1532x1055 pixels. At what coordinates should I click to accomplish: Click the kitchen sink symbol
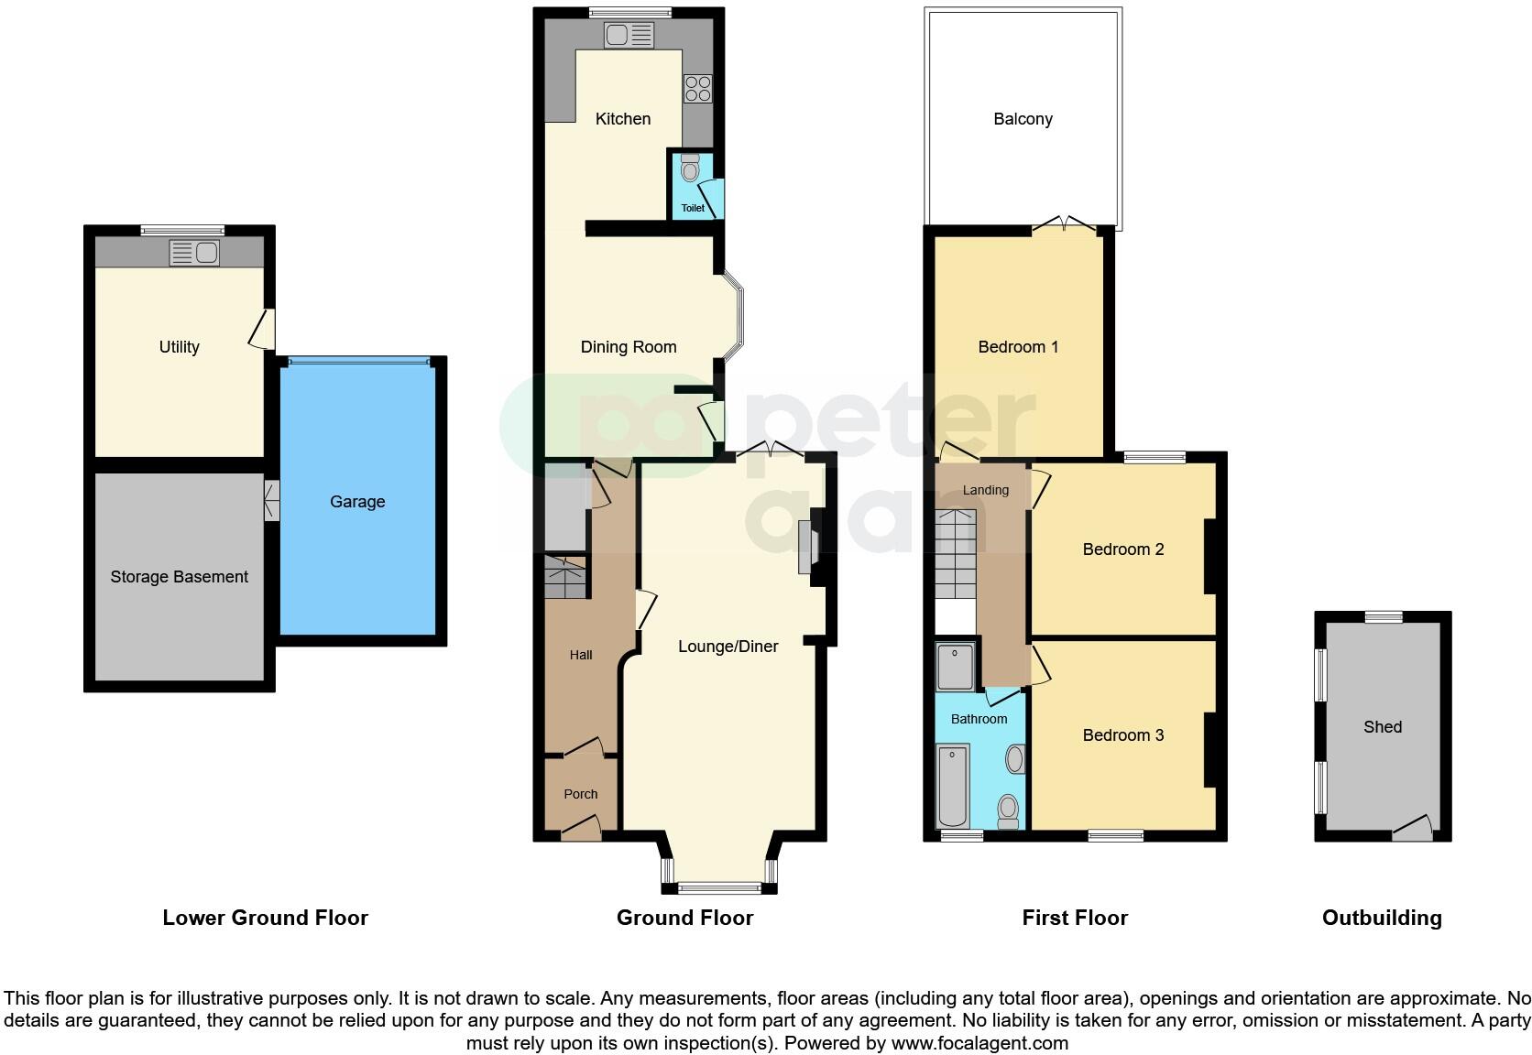pyautogui.click(x=629, y=36)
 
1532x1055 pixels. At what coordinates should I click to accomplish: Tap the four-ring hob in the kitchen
pyautogui.click(x=697, y=89)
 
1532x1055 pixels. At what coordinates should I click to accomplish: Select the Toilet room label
pyautogui.click(x=693, y=208)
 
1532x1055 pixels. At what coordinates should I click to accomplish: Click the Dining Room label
pyautogui.click(x=629, y=347)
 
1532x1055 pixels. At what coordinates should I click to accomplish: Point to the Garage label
pyautogui.click(x=357, y=502)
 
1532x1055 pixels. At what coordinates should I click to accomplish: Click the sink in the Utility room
pyautogui.click(x=194, y=253)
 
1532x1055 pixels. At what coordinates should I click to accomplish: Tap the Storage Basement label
pyautogui.click(x=180, y=577)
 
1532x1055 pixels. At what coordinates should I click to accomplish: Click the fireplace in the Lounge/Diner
pyautogui.click(x=807, y=548)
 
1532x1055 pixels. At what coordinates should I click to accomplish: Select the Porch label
pyautogui.click(x=581, y=794)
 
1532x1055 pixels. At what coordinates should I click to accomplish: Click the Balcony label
pyautogui.click(x=1023, y=119)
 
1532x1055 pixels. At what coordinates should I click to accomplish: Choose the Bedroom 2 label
pyautogui.click(x=1122, y=549)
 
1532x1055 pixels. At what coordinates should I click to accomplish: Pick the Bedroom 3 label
pyautogui.click(x=1122, y=735)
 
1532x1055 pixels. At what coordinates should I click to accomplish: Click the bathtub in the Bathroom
pyautogui.click(x=953, y=785)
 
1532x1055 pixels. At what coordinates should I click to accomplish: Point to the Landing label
pyautogui.click(x=985, y=490)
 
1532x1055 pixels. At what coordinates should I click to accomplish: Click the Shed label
pyautogui.click(x=1382, y=727)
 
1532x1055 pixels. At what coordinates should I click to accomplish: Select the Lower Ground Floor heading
pyautogui.click(x=265, y=918)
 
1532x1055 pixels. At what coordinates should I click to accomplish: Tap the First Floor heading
pyautogui.click(x=1075, y=918)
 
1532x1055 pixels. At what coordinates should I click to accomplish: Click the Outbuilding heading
pyautogui.click(x=1381, y=918)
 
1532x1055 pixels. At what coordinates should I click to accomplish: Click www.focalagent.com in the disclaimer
pyautogui.click(x=979, y=1042)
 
